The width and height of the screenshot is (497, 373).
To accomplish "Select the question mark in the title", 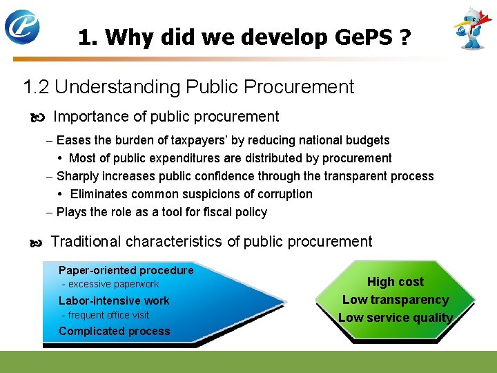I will (405, 37).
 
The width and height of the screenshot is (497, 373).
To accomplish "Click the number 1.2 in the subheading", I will (36, 87).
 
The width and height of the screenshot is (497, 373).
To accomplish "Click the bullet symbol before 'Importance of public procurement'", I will (37, 117).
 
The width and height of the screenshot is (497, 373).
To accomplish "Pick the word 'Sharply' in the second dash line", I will (76, 176).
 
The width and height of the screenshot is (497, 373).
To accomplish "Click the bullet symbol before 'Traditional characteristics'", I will (36, 242).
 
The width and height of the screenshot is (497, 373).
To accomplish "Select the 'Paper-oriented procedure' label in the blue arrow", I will (126, 270).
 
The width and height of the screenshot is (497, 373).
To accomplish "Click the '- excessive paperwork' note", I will (110, 284).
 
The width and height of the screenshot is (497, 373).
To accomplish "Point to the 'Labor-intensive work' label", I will (114, 300).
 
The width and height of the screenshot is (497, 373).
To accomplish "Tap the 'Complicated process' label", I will (114, 331).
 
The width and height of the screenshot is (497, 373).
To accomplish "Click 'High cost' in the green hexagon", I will (395, 282).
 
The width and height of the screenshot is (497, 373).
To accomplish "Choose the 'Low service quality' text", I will (395, 318).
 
